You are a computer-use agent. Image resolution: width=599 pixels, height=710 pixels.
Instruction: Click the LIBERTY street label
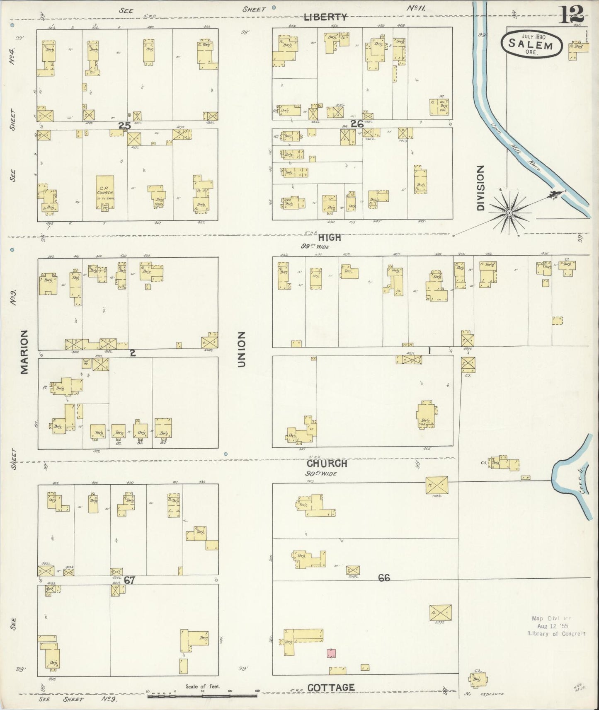(x=325, y=17)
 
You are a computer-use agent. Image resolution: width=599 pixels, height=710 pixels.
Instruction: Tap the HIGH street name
(x=330, y=237)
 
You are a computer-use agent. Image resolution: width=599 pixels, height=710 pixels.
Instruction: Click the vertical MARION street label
(x=24, y=352)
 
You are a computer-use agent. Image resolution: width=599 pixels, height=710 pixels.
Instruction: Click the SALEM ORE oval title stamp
(x=532, y=44)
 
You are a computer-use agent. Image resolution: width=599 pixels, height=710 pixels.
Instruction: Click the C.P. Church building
(x=105, y=193)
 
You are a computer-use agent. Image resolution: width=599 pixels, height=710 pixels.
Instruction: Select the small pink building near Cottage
(x=331, y=654)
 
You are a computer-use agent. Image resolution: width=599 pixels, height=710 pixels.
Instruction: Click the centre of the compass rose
(x=509, y=213)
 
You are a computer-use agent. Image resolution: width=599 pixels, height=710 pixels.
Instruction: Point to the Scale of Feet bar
(x=202, y=695)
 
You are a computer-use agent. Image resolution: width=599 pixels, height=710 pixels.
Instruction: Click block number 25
(x=124, y=126)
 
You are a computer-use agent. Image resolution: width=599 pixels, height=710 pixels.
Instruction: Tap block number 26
(x=357, y=123)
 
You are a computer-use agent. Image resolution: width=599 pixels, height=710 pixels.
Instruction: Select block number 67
(x=129, y=580)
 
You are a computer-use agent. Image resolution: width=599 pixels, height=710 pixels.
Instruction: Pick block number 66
(x=384, y=577)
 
